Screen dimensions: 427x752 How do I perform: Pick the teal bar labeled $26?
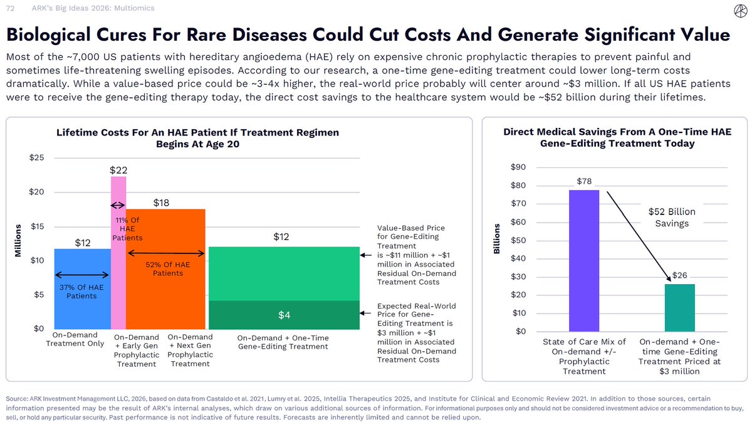click(x=679, y=308)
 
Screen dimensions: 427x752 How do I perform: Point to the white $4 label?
click(x=284, y=315)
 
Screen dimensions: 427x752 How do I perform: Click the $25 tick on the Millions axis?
click(x=36, y=157)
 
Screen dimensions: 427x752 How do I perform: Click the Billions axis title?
click(x=498, y=238)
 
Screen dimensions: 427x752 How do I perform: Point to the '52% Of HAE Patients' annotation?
click(x=167, y=269)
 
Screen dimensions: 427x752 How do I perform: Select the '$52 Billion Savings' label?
click(x=671, y=218)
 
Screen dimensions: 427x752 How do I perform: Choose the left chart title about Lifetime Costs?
click(x=198, y=138)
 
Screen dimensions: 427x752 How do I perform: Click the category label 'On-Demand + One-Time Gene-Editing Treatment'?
click(x=283, y=342)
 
